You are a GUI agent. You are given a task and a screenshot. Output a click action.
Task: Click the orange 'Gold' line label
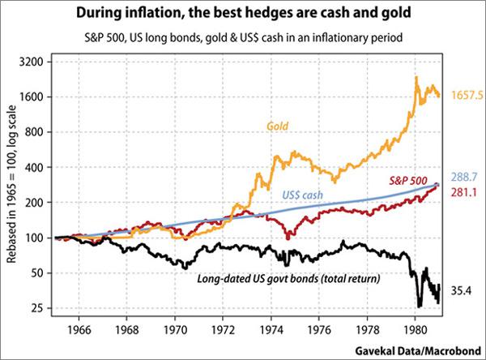(279, 126)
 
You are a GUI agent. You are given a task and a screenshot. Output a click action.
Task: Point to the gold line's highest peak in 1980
(416, 77)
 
